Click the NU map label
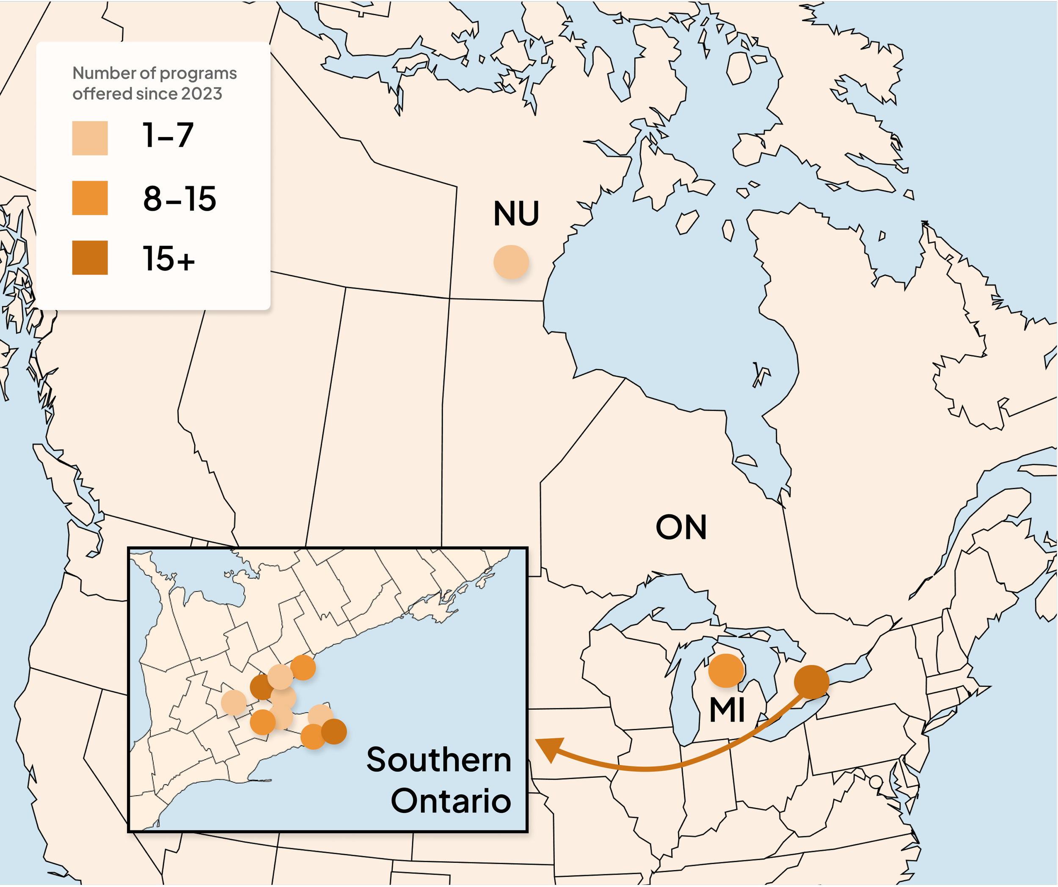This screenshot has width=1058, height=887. tap(516, 214)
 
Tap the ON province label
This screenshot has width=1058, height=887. tap(681, 527)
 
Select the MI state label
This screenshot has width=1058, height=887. tap(727, 710)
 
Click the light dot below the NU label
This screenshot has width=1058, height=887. tap(511, 262)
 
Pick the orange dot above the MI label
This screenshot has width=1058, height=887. tap(726, 671)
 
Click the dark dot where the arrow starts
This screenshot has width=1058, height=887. tap(811, 682)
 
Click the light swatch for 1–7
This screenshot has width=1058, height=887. tap(90, 138)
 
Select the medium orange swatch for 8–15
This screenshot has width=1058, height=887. tap(90, 198)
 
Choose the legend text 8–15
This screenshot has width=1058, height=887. tap(179, 198)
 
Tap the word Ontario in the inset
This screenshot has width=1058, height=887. tap(451, 801)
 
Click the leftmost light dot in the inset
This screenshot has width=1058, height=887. tap(234, 703)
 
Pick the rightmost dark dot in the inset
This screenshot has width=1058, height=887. tap(333, 731)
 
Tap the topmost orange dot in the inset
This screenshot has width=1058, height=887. tap(303, 668)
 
